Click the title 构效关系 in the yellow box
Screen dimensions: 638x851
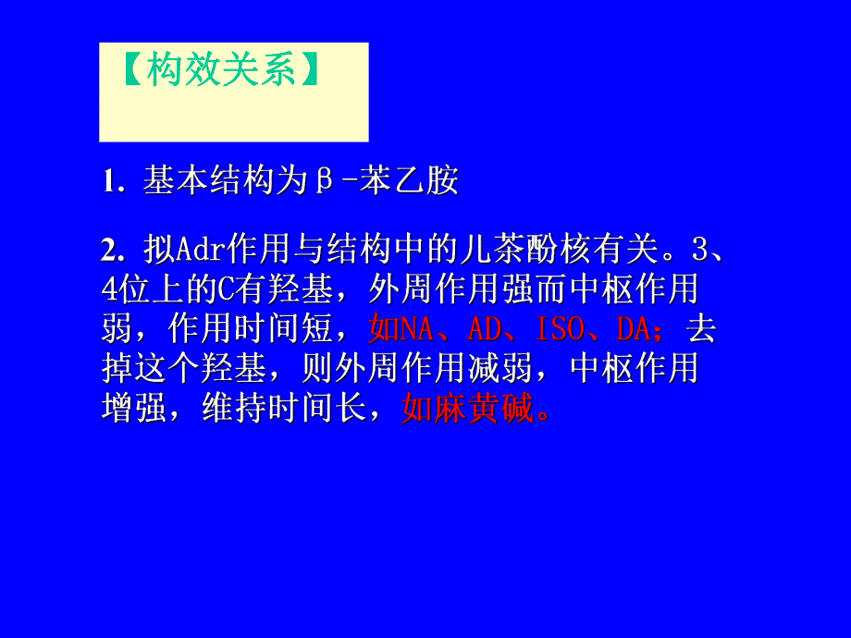(221, 71)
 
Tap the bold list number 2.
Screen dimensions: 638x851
(113, 251)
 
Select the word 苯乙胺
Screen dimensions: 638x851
(410, 181)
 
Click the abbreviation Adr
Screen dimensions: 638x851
(193, 251)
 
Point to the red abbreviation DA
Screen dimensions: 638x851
(634, 328)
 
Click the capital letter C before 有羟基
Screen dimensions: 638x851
(225, 289)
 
